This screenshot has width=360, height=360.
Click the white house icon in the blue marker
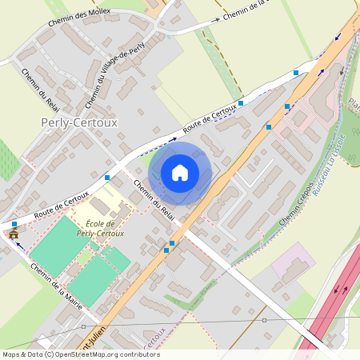tap(180, 173)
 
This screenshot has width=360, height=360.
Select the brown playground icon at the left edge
tap(14, 234)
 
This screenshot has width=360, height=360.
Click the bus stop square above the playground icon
tap(14, 224)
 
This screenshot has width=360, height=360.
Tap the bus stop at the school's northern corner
tap(107, 177)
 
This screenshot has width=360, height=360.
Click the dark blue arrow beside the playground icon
tap(18, 246)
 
